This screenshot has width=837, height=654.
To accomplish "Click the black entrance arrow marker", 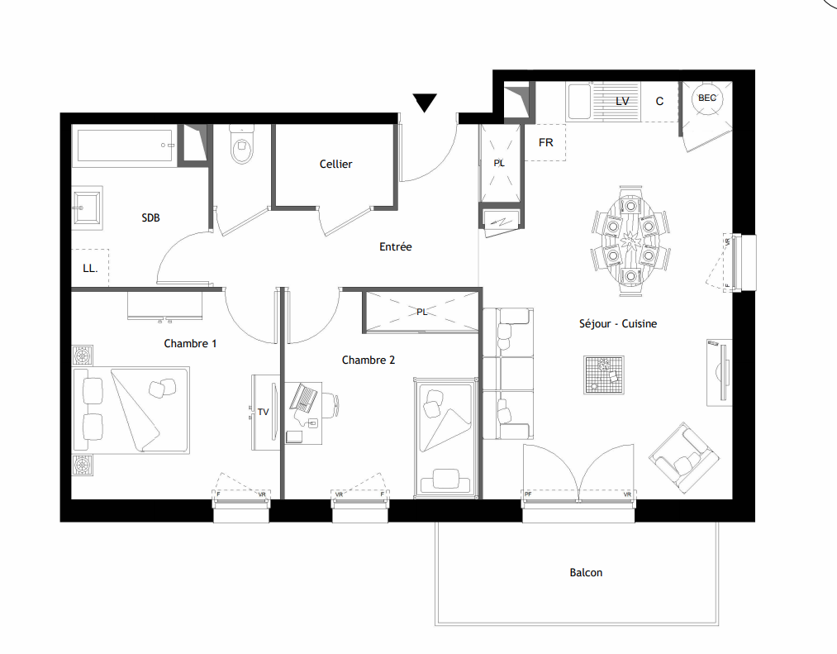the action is pos(425,102).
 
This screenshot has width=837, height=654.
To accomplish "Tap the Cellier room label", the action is pos(335,164).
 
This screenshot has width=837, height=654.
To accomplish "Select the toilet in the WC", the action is pos(241,144).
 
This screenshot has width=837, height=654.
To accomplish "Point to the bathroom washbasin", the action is pos(87,208).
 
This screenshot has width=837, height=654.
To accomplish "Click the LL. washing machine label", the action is pos(90,268).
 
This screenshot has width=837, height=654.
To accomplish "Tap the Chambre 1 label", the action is pos(190,344).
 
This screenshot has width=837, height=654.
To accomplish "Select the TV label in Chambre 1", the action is pos(264,412).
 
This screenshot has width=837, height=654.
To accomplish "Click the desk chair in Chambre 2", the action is pos(331,403).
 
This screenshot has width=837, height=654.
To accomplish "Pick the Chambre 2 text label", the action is pos(369,360).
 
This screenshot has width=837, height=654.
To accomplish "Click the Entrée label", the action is pos(396,247).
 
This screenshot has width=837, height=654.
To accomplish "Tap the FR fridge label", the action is pos(545,143).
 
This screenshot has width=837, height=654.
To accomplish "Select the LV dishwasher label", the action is pos(622,101).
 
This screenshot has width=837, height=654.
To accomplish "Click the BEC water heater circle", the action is pos(707,98).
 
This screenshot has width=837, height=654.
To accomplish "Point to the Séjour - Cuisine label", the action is pos(617,324).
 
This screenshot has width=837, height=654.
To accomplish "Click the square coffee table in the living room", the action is pos(604,375).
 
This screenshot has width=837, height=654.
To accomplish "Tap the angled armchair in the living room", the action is pos(684,457).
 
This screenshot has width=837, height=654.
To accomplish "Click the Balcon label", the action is pos(586,573).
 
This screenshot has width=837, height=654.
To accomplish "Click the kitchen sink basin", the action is pos(579,102).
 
